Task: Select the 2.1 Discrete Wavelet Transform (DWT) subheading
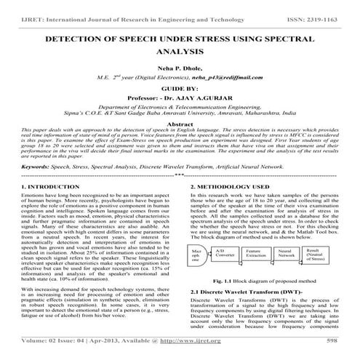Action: [241, 311]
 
